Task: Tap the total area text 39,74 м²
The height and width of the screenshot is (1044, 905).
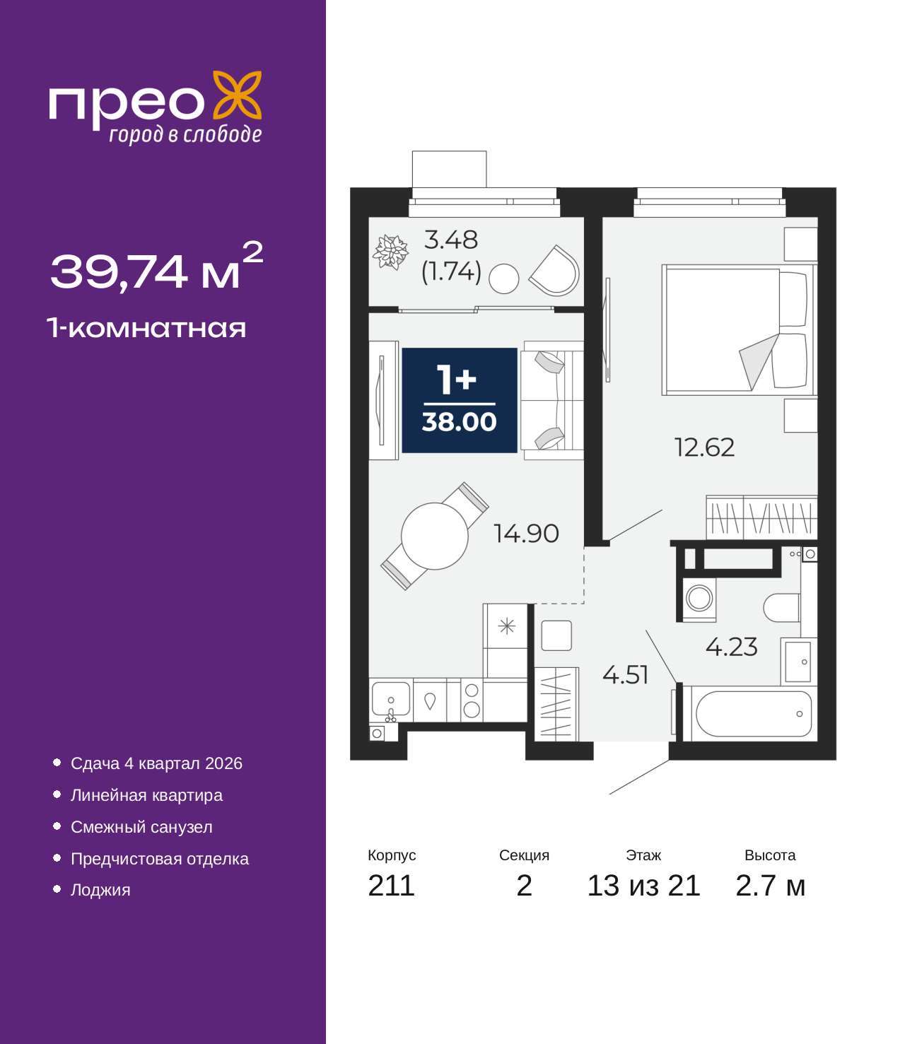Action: (156, 268)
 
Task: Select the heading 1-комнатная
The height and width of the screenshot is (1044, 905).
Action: (146, 328)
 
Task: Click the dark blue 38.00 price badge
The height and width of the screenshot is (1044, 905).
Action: (459, 400)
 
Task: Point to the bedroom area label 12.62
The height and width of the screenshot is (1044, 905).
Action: (704, 447)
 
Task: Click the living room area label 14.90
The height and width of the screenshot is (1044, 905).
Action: (526, 534)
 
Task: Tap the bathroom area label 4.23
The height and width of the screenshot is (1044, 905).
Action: (731, 647)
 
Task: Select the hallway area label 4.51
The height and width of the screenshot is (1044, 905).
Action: (625, 675)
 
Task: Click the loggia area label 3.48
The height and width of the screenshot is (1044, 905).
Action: (450, 240)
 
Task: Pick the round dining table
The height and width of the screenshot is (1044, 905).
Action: (434, 536)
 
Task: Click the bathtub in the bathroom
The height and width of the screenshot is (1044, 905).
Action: (753, 714)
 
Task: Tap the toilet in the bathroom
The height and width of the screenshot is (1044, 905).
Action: (781, 608)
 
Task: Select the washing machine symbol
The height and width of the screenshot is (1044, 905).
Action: (699, 599)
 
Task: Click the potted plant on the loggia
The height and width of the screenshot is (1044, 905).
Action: (390, 252)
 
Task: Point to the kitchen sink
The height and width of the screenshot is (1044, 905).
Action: (391, 699)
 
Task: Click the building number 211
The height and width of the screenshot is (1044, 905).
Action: (391, 886)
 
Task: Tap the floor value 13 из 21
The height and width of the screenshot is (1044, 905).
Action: (643, 886)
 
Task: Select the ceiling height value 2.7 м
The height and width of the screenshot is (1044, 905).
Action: (770, 886)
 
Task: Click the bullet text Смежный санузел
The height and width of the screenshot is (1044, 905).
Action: (141, 827)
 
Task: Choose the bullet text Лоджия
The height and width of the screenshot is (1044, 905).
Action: (100, 890)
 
